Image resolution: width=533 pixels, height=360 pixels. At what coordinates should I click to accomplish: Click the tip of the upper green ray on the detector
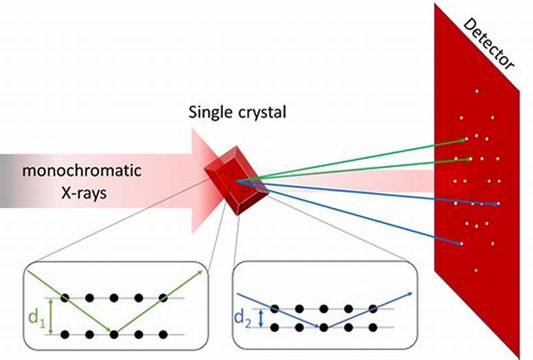(x=464, y=139)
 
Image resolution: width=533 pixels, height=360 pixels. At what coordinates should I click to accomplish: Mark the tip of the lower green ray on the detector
(x=470, y=159)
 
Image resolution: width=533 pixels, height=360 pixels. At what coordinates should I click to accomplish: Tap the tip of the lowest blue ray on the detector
(x=461, y=245)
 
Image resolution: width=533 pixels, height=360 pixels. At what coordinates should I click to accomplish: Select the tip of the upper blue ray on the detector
(x=496, y=203)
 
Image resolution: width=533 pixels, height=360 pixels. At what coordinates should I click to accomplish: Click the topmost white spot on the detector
(x=476, y=91)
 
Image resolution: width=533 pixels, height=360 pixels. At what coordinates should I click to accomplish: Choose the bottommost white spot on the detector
(x=476, y=270)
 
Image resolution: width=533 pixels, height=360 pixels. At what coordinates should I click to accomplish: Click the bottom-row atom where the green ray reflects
(x=114, y=333)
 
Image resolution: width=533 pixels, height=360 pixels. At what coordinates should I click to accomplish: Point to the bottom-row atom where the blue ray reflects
(x=323, y=327)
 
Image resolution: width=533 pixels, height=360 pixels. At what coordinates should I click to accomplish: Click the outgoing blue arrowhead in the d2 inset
(x=412, y=293)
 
